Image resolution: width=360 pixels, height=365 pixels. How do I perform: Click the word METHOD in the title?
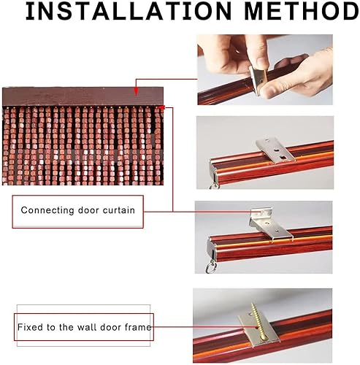(302, 11)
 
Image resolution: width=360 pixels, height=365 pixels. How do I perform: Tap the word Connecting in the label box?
(47, 210)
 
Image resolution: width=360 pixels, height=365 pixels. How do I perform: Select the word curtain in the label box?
(119, 210)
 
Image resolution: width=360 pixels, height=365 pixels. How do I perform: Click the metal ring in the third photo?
(211, 267)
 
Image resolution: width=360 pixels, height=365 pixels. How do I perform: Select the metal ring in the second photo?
(213, 185)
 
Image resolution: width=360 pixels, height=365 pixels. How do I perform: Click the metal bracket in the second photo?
(275, 150)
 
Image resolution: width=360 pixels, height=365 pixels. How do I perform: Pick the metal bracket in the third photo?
(269, 224)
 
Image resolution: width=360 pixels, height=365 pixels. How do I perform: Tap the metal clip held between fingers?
(258, 80)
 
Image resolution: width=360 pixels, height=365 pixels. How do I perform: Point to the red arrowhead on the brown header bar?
(136, 91)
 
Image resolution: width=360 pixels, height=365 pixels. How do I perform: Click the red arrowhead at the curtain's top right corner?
(161, 107)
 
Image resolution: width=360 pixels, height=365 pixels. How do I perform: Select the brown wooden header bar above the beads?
(83, 96)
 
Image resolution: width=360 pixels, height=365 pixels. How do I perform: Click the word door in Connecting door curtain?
(88, 210)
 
